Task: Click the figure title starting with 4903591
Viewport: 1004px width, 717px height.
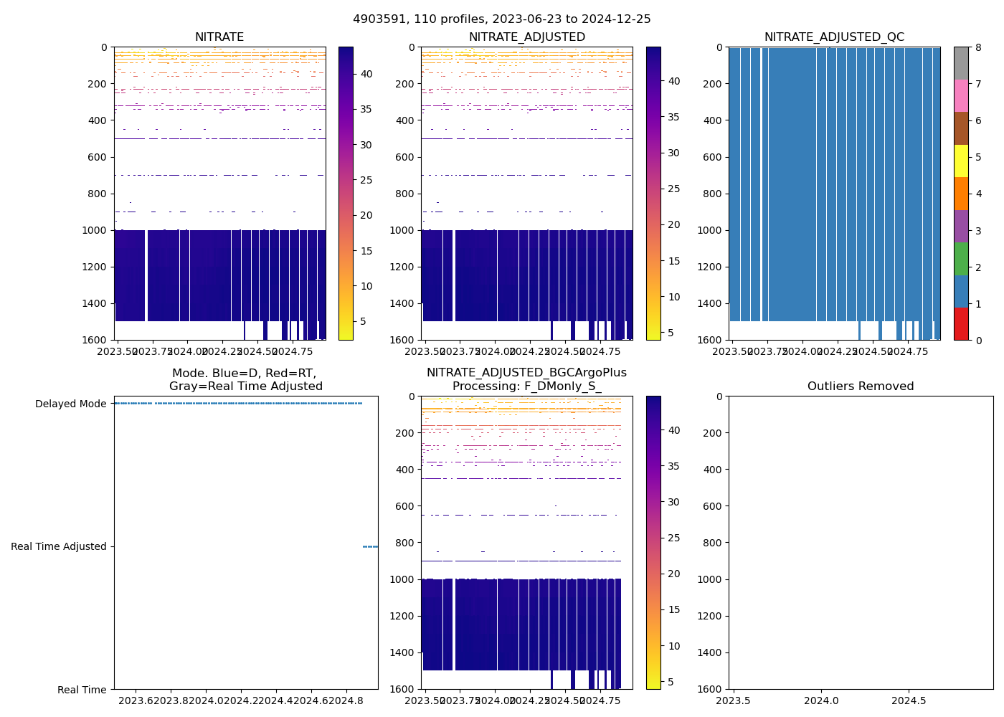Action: tap(501, 19)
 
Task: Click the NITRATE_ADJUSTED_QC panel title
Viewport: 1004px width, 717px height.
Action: tap(834, 37)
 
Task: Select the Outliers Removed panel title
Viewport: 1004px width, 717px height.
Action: tap(861, 386)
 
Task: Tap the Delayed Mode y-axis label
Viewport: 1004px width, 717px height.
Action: tap(70, 404)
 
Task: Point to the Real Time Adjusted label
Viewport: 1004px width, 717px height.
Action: tap(58, 546)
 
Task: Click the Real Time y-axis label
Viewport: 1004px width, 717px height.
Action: tap(82, 690)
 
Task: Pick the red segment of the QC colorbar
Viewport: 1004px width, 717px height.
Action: tap(961, 323)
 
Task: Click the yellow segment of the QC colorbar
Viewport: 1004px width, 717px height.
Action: tap(961, 161)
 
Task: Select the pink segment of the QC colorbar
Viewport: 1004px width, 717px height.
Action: tap(961, 95)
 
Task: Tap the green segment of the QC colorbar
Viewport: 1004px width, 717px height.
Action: tap(961, 258)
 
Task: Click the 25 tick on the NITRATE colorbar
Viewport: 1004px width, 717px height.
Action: tap(366, 180)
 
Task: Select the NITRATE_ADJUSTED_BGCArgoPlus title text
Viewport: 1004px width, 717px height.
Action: tap(526, 373)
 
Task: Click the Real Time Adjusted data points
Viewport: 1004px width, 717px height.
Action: tap(370, 546)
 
